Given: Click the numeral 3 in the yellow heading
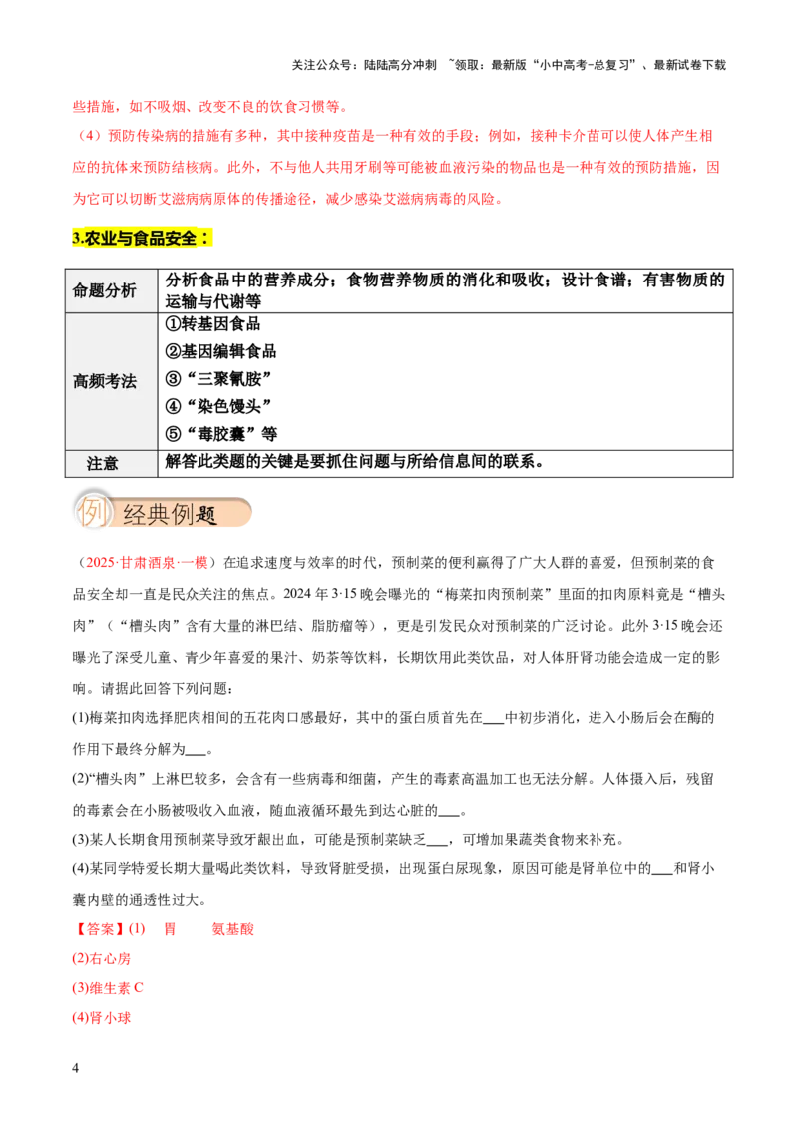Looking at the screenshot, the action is pos(76,238).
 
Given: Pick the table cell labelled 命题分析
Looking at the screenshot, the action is pos(111,290).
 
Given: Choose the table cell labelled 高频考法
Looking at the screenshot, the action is pos(111,381).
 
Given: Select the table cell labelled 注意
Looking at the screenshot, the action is pos(111,463).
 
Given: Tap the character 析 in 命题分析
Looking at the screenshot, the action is pos(129,290).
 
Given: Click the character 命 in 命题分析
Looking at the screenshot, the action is pos(81,290).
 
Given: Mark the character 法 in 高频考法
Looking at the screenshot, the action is pos(129,381).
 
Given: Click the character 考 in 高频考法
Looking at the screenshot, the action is pos(113,381).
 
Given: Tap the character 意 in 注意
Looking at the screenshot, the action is pos(110,463).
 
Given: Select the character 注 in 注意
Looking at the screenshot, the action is pos(94,463).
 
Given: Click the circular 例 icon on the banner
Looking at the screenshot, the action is pos(93,513).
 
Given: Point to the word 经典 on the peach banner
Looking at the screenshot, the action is pos(146,515).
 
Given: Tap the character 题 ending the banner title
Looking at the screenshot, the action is pos(206,515).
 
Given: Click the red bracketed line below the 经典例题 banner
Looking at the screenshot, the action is pos(147,564).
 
